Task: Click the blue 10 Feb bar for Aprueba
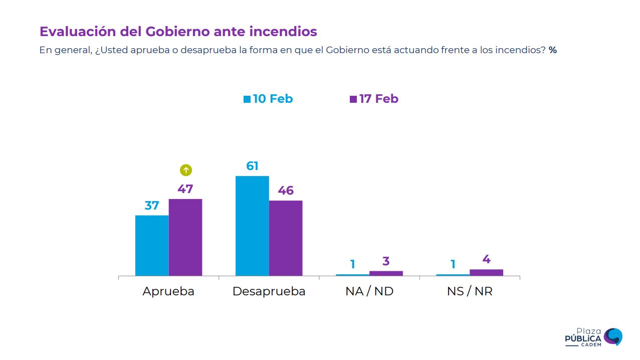click(x=152, y=245)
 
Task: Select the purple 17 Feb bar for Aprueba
click(x=185, y=237)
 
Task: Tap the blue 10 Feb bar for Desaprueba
click(x=252, y=226)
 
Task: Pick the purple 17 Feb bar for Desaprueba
click(x=286, y=238)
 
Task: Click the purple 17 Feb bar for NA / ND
click(x=386, y=273)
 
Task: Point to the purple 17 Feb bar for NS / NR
click(x=486, y=272)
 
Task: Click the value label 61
click(x=252, y=166)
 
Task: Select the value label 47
click(x=185, y=189)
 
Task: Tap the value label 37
click(x=152, y=206)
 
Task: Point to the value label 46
click(x=286, y=191)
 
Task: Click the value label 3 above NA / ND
click(x=386, y=261)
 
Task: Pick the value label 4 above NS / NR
click(x=486, y=259)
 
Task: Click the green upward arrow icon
click(x=186, y=170)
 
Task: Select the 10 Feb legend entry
click(x=268, y=99)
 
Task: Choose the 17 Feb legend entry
click(x=374, y=99)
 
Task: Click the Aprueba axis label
click(x=168, y=291)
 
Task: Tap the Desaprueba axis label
click(x=269, y=291)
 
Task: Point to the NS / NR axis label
click(x=470, y=291)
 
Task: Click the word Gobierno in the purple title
click(x=177, y=32)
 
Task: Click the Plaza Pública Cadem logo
click(x=593, y=336)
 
